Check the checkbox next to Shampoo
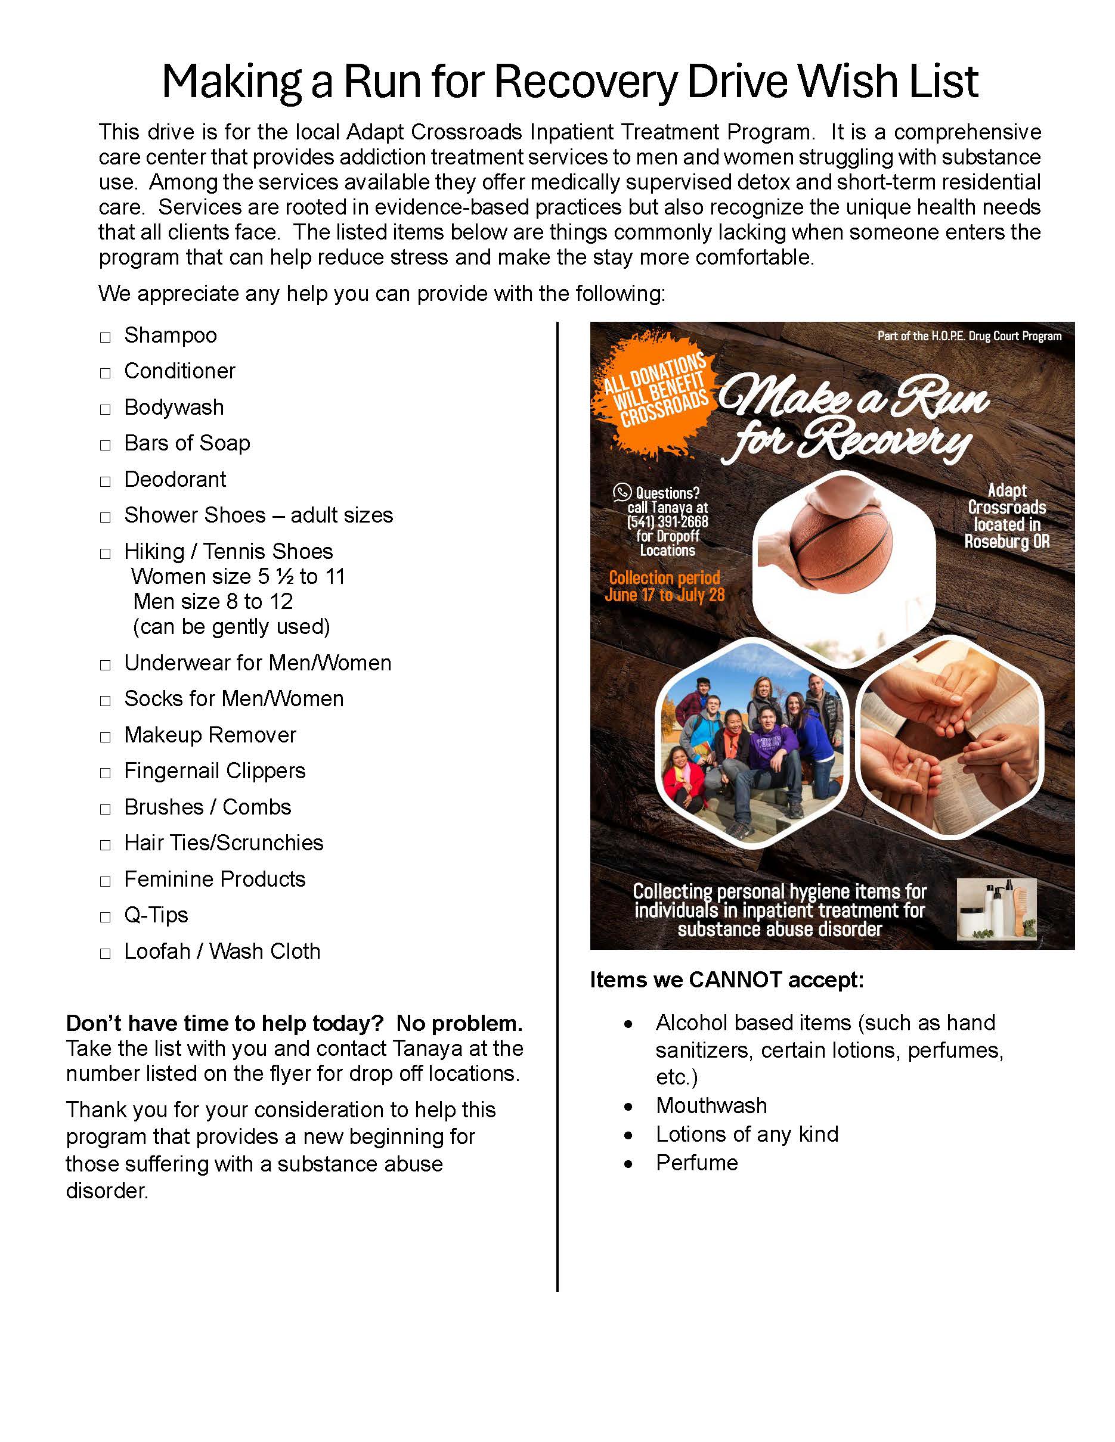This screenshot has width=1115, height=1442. click(x=105, y=338)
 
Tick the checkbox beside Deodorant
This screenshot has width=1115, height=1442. click(x=105, y=482)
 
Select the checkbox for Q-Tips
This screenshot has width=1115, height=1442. click(x=105, y=918)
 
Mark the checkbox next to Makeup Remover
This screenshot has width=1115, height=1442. click(x=105, y=738)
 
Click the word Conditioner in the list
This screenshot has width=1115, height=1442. click(x=179, y=371)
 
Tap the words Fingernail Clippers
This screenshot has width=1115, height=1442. click(x=215, y=770)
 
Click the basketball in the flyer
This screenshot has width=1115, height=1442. click(x=841, y=541)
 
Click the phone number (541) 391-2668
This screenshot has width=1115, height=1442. click(x=667, y=521)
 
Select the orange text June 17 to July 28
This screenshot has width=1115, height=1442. click(x=664, y=595)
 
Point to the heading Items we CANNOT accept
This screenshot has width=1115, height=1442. click(x=727, y=980)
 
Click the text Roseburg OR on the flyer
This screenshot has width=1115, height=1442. click(x=1006, y=542)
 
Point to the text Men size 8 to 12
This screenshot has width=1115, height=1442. click(x=213, y=601)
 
